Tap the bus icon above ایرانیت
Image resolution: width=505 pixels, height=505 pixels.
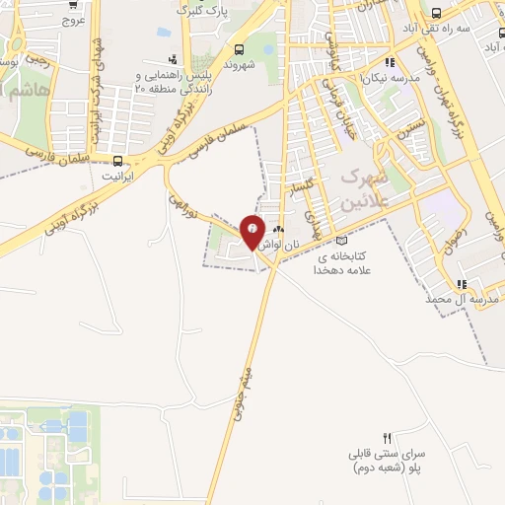click(x=118, y=160)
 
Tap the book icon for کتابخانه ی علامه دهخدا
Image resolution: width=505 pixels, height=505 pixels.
click(x=342, y=240)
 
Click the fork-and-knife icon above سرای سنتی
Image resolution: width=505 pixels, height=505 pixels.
click(x=388, y=437)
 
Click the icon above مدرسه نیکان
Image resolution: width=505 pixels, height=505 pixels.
click(x=390, y=61)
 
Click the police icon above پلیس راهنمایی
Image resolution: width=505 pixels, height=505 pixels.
click(x=174, y=60)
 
